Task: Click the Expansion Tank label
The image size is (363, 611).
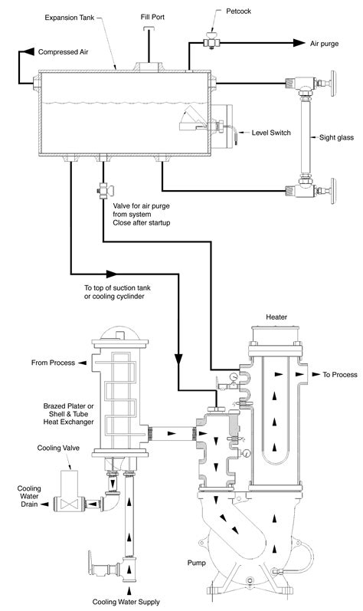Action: pyautogui.click(x=71, y=16)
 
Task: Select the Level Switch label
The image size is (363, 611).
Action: pyautogui.click(x=270, y=132)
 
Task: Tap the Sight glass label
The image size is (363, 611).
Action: pyautogui.click(x=335, y=138)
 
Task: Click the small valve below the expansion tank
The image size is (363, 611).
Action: pyautogui.click(x=100, y=189)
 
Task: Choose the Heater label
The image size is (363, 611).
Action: pyautogui.click(x=276, y=317)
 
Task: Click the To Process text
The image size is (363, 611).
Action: pyautogui.click(x=339, y=376)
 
